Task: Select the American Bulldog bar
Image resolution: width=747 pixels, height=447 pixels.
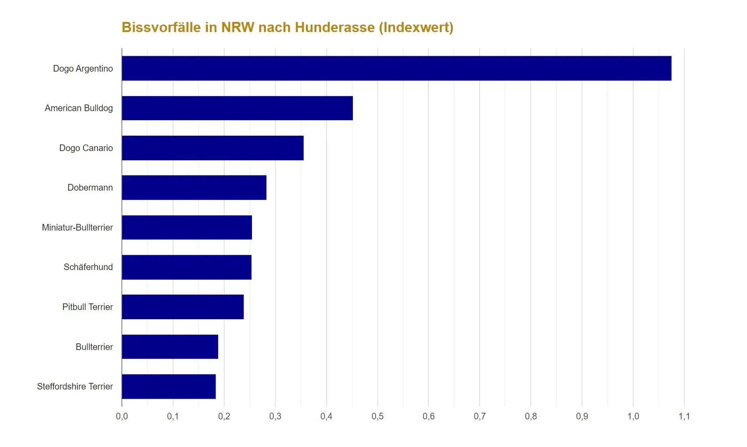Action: click(237, 108)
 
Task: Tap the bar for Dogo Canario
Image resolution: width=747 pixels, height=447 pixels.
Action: click(212, 148)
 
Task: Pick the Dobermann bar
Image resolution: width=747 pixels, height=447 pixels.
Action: click(194, 187)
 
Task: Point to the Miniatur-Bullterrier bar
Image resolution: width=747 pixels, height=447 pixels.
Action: click(187, 227)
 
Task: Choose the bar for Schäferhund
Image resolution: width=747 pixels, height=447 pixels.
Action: click(187, 267)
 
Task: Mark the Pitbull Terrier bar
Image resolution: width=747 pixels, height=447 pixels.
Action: click(183, 307)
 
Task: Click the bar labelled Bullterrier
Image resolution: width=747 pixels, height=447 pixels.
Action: click(170, 347)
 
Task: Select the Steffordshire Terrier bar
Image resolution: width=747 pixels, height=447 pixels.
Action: click(169, 386)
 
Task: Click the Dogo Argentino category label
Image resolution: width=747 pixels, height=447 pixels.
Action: click(83, 68)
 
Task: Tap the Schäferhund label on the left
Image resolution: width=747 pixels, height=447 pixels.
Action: click(88, 267)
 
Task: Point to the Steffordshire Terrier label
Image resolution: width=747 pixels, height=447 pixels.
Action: click(75, 386)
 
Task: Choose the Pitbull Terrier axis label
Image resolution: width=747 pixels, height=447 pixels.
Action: click(88, 307)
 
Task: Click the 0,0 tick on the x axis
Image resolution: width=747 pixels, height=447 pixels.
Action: click(122, 416)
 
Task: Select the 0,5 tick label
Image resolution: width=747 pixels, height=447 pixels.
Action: click(377, 416)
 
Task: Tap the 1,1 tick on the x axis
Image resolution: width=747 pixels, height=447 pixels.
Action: click(684, 416)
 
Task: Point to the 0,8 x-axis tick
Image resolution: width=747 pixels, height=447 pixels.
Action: click(531, 416)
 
